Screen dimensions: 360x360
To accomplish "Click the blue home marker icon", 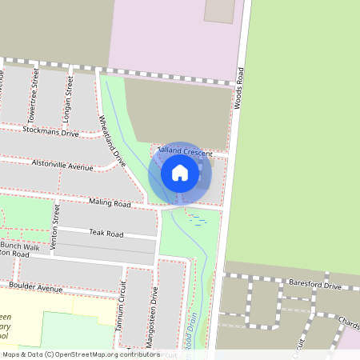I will click(x=180, y=173).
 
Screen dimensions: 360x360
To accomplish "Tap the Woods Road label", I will click(x=238, y=88).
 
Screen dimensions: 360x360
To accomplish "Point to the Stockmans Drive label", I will click(x=50, y=130).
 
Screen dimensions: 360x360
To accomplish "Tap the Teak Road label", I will click(x=106, y=234).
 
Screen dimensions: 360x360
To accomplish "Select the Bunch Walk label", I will click(x=20, y=247).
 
